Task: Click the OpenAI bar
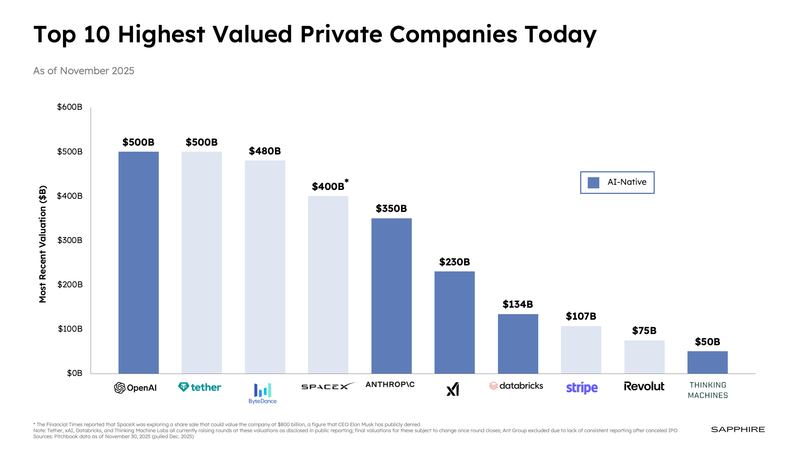coord(138,262)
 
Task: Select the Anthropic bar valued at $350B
coord(391,296)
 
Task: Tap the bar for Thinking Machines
coord(707,362)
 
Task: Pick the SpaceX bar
coord(328,285)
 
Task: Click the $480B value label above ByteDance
coord(265,151)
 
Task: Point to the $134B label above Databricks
coord(518,305)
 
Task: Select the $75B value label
coord(644,331)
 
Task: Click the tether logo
coord(199,387)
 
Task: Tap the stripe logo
coord(582,388)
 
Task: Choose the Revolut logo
coord(644,386)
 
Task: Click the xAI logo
coord(453,389)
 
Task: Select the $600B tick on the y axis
coord(70,107)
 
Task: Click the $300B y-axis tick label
coord(70,240)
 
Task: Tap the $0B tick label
coord(75,373)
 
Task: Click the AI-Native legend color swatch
coord(593,183)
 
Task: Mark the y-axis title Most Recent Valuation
coord(43,244)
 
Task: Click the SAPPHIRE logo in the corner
coord(738,429)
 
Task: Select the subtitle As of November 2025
coord(84,71)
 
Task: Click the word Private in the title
coord(341,35)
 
